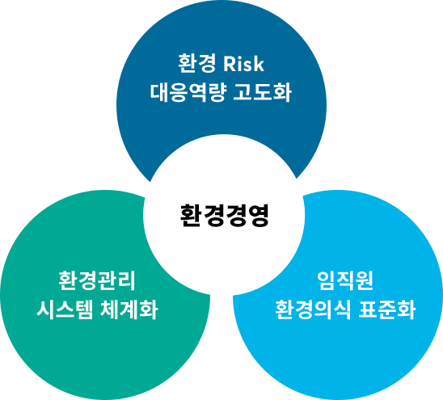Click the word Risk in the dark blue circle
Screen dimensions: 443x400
[243, 64]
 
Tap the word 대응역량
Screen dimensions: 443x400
[188, 92]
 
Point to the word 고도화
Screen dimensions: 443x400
[263, 92]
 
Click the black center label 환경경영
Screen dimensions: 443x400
[224, 215]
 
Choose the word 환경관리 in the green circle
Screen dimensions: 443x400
[97, 280]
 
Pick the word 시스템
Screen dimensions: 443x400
[65, 309]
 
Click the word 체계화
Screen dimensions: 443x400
[129, 309]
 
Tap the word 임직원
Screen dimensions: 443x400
[345, 280]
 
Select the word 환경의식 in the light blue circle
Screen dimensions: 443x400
[314, 309]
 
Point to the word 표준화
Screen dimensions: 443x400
[387, 309]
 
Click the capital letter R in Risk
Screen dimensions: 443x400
[230, 64]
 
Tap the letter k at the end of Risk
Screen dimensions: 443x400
[259, 64]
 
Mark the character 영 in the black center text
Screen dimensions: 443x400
[258, 215]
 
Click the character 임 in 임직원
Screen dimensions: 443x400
[326, 280]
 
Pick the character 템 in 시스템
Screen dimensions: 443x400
[84, 309]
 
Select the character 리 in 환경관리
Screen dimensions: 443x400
[127, 280]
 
